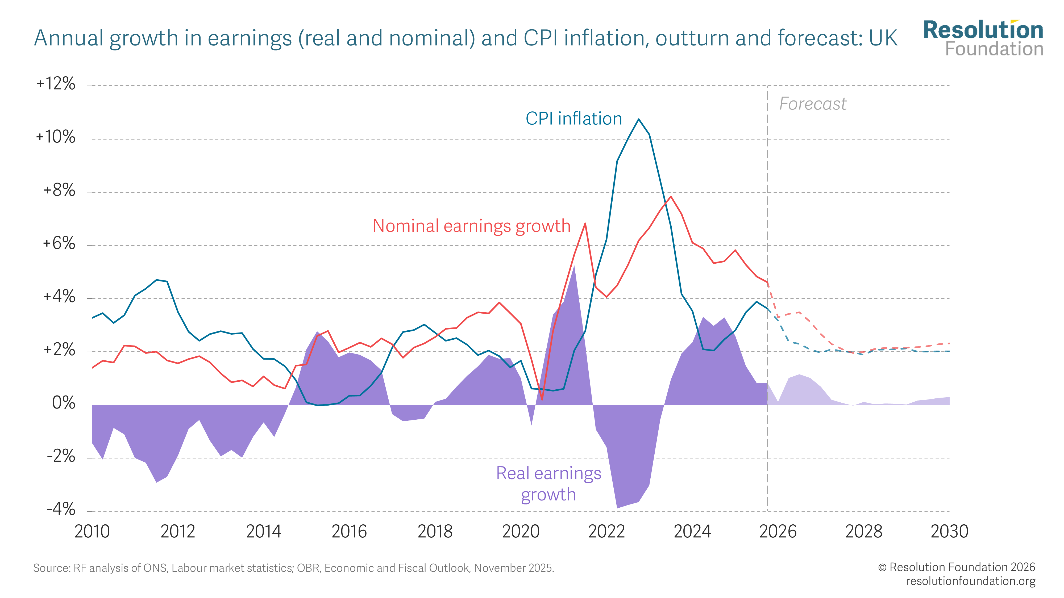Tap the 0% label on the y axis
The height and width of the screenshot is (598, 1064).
click(64, 403)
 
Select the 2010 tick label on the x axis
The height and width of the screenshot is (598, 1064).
click(92, 532)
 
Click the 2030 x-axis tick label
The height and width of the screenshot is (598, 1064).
click(949, 532)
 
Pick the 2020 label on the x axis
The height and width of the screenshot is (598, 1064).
click(521, 532)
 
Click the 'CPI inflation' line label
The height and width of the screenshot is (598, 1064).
click(574, 119)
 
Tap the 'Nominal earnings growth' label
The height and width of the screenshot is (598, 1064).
click(471, 226)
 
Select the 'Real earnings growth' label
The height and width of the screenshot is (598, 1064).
click(548, 484)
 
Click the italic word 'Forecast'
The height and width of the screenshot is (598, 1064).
click(812, 104)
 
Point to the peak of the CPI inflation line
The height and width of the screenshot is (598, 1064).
click(639, 119)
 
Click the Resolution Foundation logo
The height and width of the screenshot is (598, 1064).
click(983, 38)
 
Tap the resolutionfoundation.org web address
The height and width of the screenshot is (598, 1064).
click(971, 581)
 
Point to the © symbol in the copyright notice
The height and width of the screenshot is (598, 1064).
click(882, 567)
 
